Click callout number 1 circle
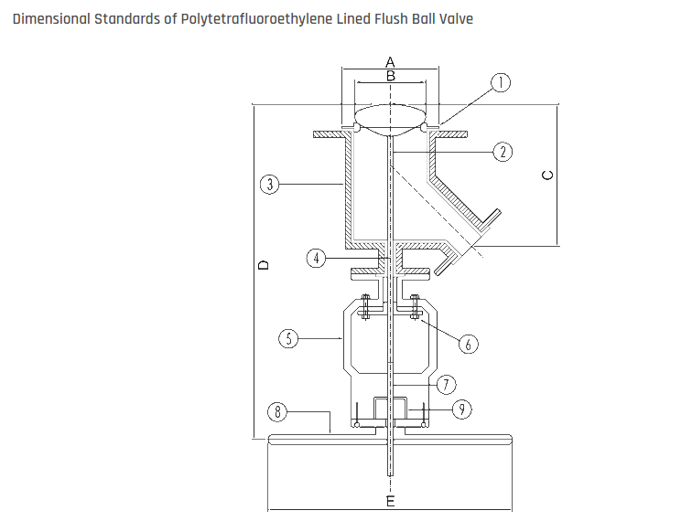pyautogui.click(x=501, y=83)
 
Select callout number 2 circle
pyautogui.click(x=502, y=151)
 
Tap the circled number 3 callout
pyautogui.click(x=268, y=185)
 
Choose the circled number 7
pyautogui.click(x=444, y=384)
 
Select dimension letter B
pyautogui.click(x=391, y=76)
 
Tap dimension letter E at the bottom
pyautogui.click(x=391, y=503)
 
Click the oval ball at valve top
pyautogui.click(x=391, y=118)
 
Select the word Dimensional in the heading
pyautogui.click(x=51, y=18)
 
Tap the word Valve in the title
pyautogui.click(x=454, y=18)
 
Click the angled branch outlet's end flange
pyautogui.click(x=492, y=219)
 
